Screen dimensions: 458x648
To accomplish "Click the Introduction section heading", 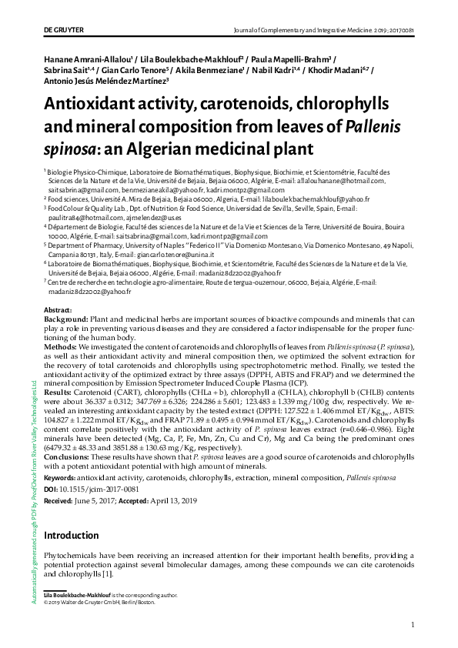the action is click(x=76, y=535).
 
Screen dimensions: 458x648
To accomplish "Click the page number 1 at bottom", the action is click(x=413, y=625).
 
